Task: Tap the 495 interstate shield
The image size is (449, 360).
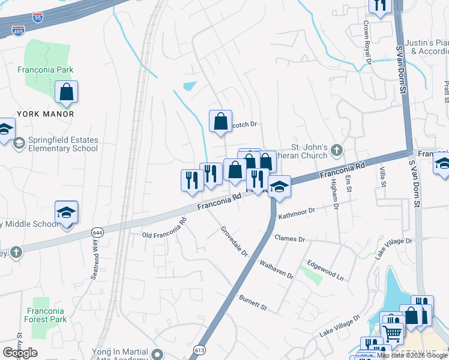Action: pyautogui.click(x=18, y=31)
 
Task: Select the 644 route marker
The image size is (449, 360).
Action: pyautogui.click(x=97, y=232)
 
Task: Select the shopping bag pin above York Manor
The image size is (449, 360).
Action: pyautogui.click(x=67, y=92)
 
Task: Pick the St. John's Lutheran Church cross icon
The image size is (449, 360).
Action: pyautogui.click(x=337, y=149)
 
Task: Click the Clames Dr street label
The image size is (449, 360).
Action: pyautogui.click(x=290, y=239)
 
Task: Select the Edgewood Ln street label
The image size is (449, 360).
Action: pyautogui.click(x=325, y=271)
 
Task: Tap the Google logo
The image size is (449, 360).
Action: pyautogui.click(x=20, y=353)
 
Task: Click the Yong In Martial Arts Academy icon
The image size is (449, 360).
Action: pyautogui.click(x=158, y=353)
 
